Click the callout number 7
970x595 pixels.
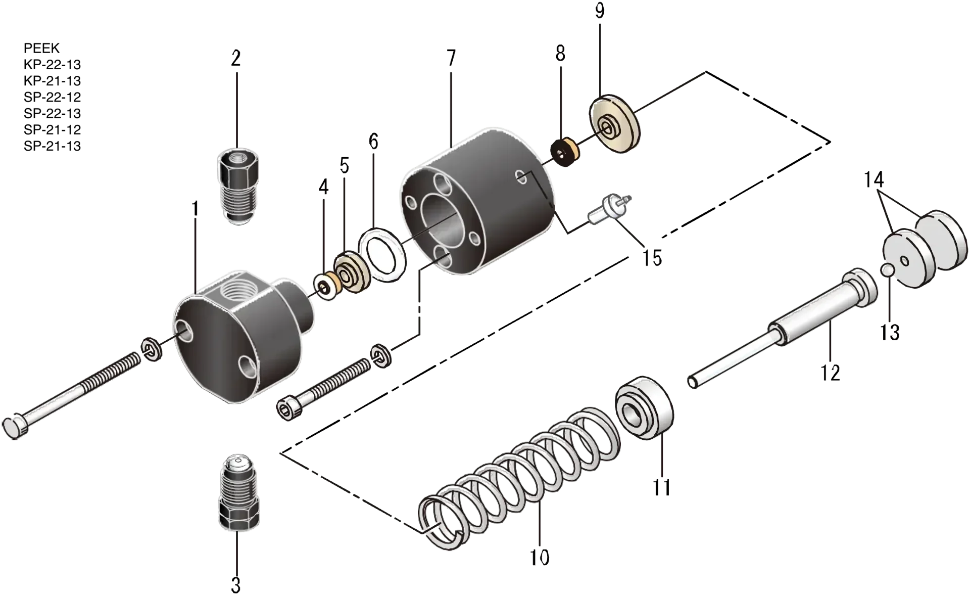coord(451,58)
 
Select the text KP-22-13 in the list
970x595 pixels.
coord(52,64)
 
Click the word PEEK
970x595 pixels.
coord(41,48)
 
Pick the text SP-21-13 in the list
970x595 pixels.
coord(52,146)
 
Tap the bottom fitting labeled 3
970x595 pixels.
coord(239,493)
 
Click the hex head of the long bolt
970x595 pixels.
coord(16,426)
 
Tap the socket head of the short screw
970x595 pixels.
coord(290,407)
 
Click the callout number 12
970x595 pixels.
coord(830,372)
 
